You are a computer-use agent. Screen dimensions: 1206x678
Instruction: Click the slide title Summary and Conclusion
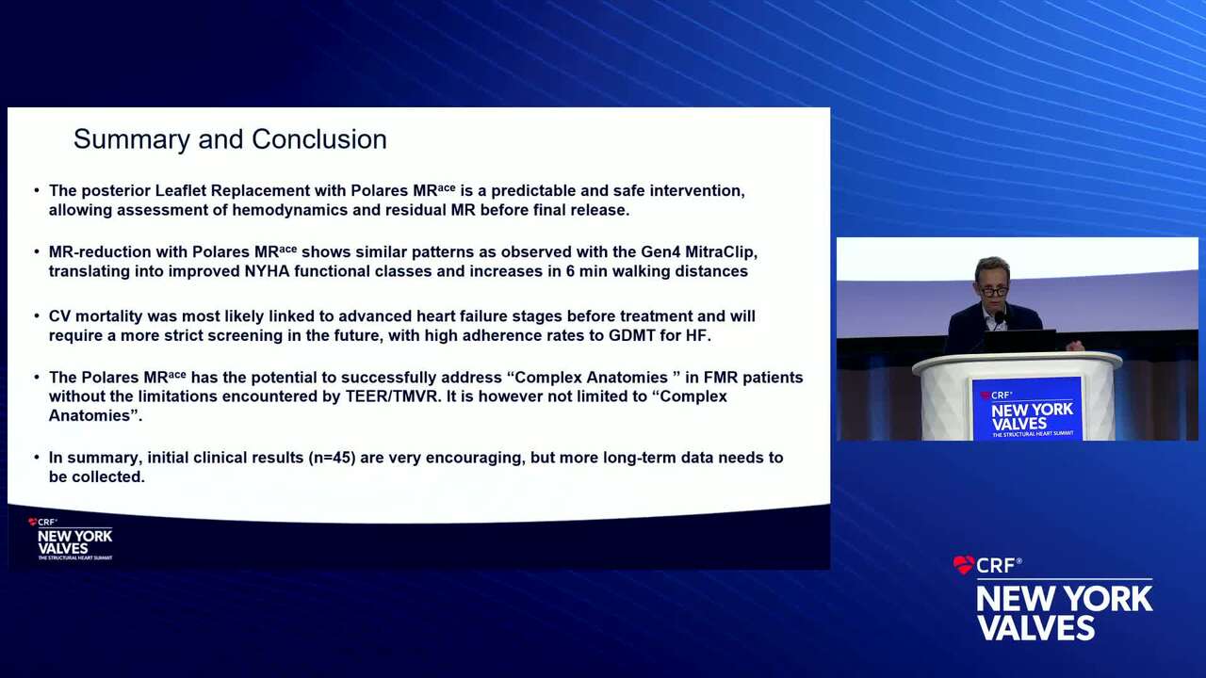230,139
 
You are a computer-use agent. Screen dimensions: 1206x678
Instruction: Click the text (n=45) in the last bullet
332,458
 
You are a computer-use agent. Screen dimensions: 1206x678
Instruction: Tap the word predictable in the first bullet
533,191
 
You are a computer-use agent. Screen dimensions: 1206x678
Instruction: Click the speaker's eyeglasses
993,292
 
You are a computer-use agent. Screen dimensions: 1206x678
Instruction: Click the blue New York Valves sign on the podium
1027,409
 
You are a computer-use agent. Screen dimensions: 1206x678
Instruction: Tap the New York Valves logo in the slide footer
71,540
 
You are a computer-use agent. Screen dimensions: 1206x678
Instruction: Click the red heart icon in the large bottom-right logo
963,564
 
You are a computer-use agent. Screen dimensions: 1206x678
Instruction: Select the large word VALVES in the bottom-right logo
1036,628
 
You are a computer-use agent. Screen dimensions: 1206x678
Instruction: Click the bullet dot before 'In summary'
37,458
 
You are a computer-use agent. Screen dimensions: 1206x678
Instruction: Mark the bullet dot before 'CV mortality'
37,316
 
